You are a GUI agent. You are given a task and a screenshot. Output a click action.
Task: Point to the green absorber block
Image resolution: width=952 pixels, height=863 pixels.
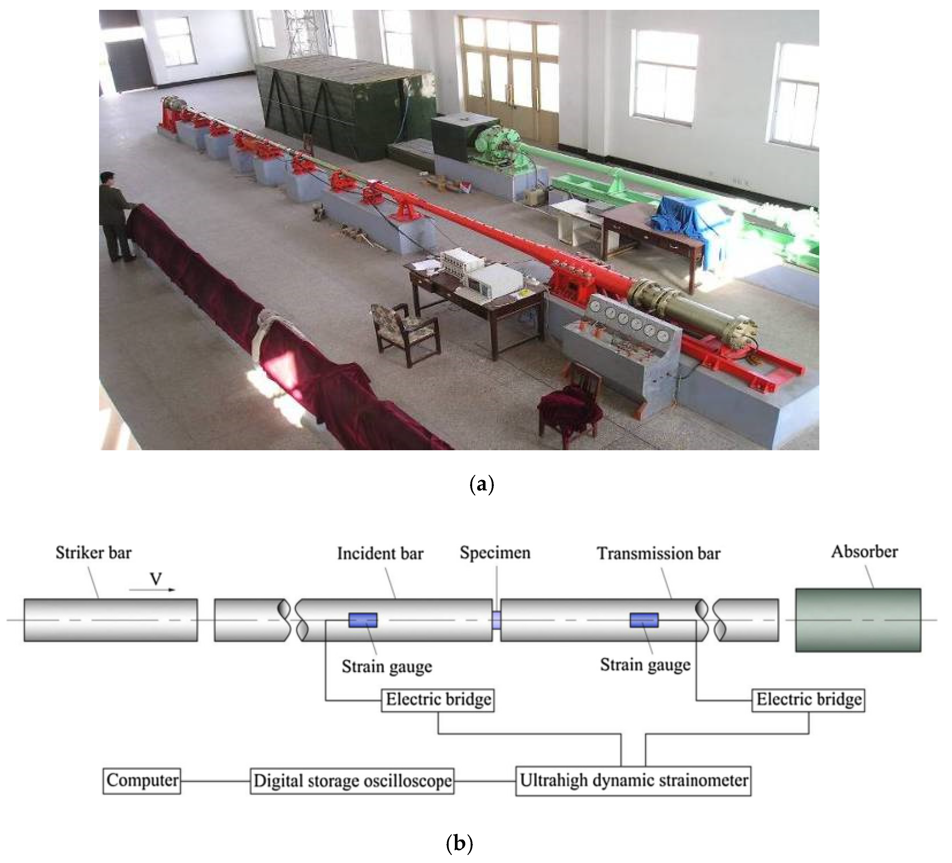point(858,620)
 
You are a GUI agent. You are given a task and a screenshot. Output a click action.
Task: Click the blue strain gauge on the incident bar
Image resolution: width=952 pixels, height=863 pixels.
point(363,620)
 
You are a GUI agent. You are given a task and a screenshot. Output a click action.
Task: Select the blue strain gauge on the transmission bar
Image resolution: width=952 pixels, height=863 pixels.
point(643,620)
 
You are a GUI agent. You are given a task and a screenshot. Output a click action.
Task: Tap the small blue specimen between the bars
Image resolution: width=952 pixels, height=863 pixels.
point(496,620)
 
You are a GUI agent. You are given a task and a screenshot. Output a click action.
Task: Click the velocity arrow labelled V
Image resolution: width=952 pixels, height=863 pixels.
point(152,589)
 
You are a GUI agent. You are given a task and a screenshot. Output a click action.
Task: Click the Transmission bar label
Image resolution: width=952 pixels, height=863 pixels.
point(658,553)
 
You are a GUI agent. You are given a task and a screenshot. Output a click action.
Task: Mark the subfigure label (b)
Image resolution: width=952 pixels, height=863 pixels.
point(459,843)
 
